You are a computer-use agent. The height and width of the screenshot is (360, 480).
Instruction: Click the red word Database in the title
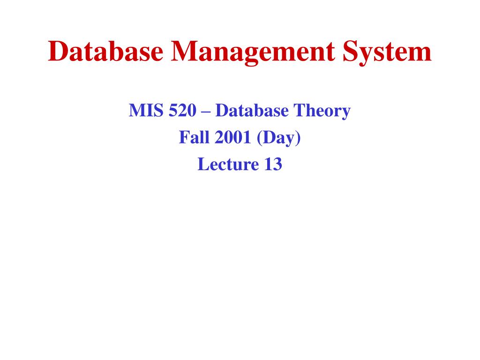[x=105, y=52]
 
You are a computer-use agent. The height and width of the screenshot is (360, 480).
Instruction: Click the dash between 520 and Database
[x=206, y=112]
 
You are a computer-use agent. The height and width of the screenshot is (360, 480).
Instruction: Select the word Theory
[x=322, y=112]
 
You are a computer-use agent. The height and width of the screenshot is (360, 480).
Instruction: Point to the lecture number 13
[x=272, y=165]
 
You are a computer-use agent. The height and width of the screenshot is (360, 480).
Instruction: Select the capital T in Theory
[x=299, y=111]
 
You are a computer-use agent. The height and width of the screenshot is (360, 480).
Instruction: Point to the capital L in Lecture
[x=202, y=165]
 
